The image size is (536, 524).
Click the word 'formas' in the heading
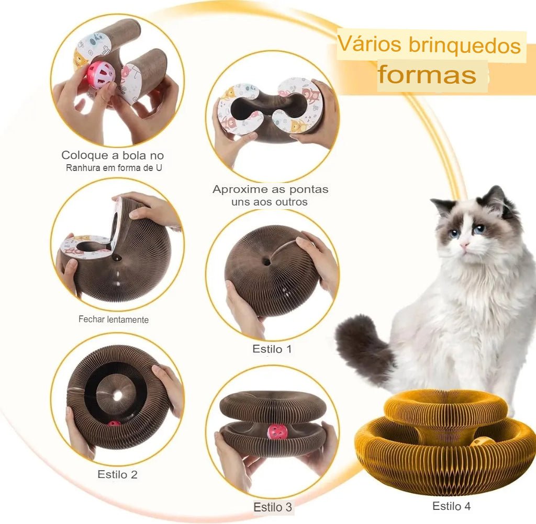coord(427,74)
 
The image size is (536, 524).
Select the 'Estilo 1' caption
coord(272,349)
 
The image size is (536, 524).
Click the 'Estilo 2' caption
coord(117,474)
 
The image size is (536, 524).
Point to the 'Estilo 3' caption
coord(272,507)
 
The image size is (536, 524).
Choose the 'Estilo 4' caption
coord(451,506)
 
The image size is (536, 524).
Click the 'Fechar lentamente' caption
coord(114,320)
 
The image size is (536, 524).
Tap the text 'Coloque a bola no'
coord(113,155)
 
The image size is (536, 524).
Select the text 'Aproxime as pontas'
coord(271,189)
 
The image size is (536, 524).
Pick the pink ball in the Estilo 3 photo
coord(276,432)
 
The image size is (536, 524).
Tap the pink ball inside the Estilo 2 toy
coord(114,425)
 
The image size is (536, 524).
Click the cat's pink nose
coord(464,245)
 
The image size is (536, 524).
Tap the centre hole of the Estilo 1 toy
coord(267,263)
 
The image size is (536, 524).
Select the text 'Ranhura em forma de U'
coord(114,168)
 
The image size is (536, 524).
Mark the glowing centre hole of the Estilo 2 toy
coord(118,396)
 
